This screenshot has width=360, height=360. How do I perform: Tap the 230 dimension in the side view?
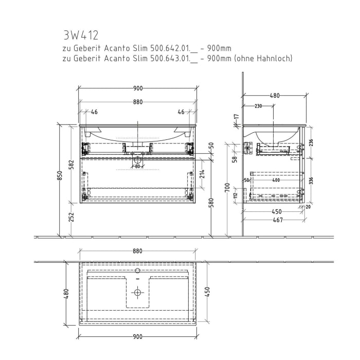(x=258, y=106)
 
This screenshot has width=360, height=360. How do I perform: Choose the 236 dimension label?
(x=310, y=143)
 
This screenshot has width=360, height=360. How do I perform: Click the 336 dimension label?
(x=310, y=181)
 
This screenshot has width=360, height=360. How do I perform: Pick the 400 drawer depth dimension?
(x=276, y=180)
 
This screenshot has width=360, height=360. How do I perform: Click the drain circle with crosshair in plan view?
(x=137, y=293)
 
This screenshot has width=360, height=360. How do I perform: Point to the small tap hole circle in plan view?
(x=137, y=270)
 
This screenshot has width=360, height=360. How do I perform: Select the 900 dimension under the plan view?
(x=137, y=337)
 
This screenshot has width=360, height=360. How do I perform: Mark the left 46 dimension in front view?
(x=95, y=112)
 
